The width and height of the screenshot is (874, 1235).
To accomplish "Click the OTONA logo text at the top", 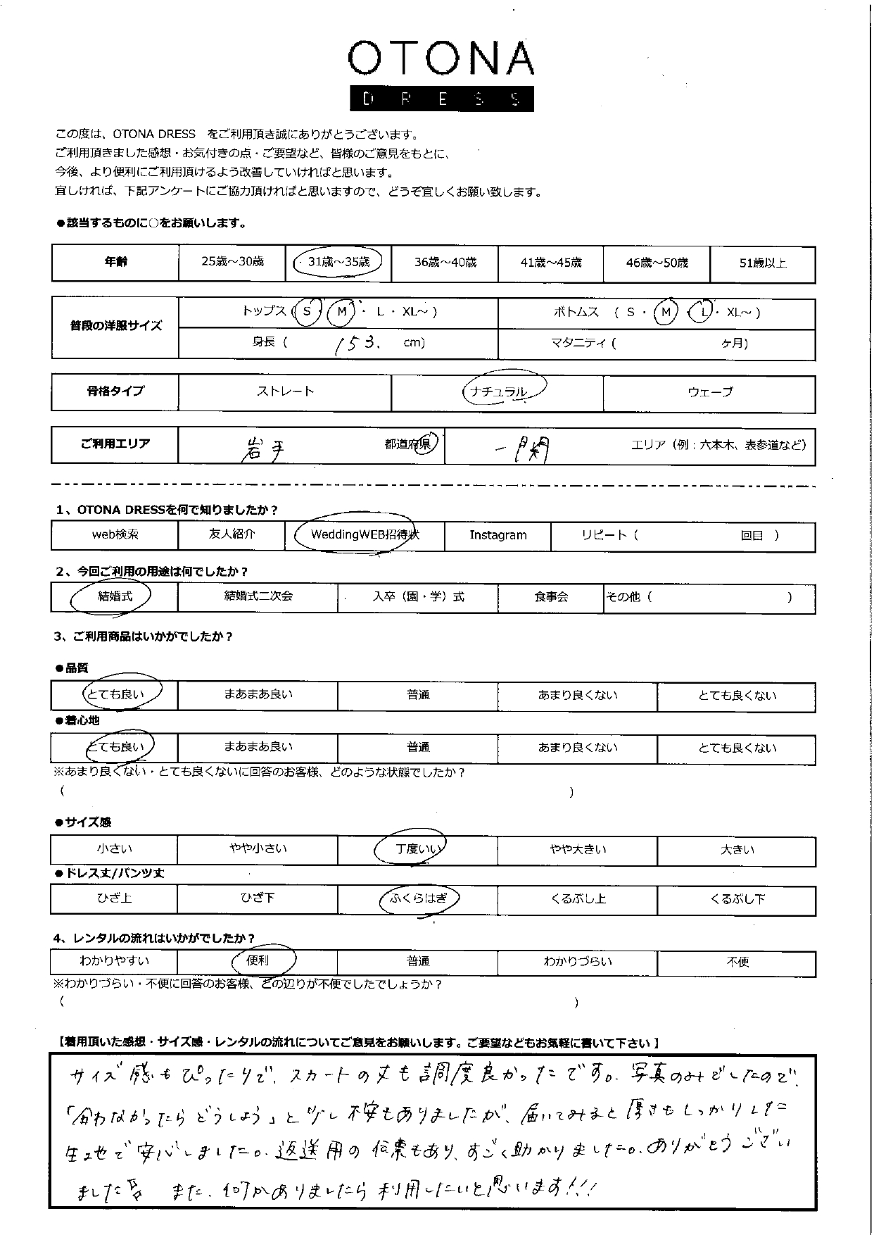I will click(x=441, y=58).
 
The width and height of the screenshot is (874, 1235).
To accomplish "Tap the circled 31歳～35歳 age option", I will click(x=338, y=263).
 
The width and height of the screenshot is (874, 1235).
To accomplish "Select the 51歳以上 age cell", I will click(x=762, y=263).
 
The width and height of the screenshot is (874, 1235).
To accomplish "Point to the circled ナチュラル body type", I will click(x=504, y=391).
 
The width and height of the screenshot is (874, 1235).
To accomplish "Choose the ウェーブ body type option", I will click(x=709, y=392).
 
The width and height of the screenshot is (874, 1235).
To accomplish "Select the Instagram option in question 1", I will click(x=498, y=535).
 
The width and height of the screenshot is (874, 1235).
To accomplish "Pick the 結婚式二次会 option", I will click(x=258, y=596).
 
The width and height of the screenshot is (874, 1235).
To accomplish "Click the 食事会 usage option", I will click(x=551, y=597).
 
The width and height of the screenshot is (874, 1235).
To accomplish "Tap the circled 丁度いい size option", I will click(x=417, y=849).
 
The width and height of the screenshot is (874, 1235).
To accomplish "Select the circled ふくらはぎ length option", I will click(x=418, y=898).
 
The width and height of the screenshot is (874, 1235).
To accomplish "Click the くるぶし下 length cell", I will click(x=737, y=899).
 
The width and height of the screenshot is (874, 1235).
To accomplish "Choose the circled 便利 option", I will click(x=258, y=961).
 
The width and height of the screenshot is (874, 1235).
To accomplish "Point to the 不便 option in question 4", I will click(x=737, y=962).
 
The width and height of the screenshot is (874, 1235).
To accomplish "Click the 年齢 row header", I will click(x=115, y=263).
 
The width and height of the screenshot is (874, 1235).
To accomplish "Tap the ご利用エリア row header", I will click(x=115, y=444).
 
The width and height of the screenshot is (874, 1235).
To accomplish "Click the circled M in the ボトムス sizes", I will click(x=665, y=312).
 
